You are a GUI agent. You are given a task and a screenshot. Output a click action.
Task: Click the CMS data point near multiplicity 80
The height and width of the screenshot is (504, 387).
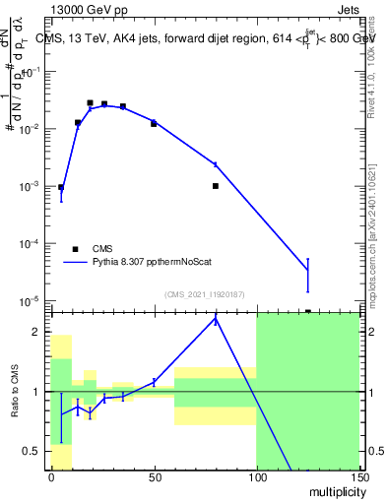tap(215, 185)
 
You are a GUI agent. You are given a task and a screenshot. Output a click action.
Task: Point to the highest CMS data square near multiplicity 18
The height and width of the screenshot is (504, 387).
tap(90, 102)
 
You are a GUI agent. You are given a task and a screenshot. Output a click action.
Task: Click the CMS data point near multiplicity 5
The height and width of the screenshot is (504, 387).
tap(61, 187)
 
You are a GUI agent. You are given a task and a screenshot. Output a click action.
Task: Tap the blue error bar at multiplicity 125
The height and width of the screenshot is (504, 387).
tap(307, 275)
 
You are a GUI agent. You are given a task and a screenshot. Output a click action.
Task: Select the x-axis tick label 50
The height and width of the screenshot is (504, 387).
tap(154, 477)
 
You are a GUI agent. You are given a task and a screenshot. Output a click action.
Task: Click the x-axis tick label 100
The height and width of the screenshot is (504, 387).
tap(256, 477)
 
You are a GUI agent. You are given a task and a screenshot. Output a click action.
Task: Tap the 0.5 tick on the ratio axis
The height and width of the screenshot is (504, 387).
tap(36, 451)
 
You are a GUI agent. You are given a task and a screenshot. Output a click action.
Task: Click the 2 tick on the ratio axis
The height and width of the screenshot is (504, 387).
tap(40, 332)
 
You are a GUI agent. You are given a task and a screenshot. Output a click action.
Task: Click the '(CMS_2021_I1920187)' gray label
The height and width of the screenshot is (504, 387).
tap(204, 293)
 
